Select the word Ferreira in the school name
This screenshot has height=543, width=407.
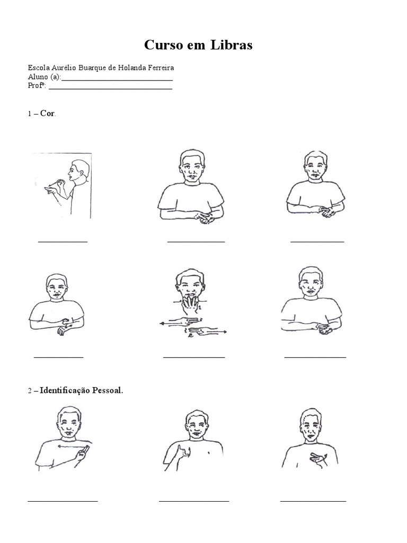pyautogui.click(x=161, y=67)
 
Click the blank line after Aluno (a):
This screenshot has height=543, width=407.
pyautogui.click(x=117, y=80)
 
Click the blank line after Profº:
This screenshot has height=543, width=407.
pyautogui.click(x=110, y=89)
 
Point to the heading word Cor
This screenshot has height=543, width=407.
pyautogui.click(x=47, y=113)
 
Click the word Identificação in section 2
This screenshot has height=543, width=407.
pyautogui.click(x=64, y=391)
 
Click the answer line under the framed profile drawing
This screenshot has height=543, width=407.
pyautogui.click(x=63, y=242)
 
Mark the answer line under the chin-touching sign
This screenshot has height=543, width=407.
pyautogui.click(x=194, y=357)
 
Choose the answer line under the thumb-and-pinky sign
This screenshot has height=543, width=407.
pyautogui.click(x=194, y=501)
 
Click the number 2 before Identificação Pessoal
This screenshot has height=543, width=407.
pyautogui.click(x=30, y=391)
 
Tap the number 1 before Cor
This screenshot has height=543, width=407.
pyautogui.click(x=30, y=113)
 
